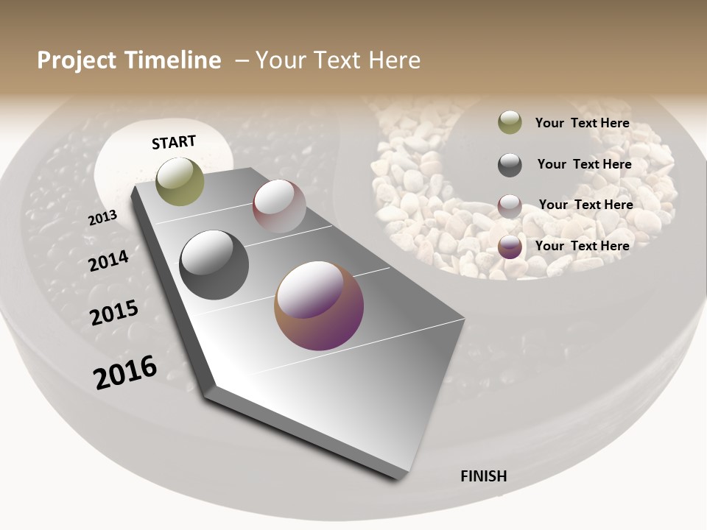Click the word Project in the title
click(77, 60)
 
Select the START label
click(174, 142)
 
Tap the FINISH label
click(484, 476)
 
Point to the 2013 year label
click(102, 217)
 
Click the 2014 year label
click(108, 261)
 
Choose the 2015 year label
click(114, 313)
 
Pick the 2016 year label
click(125, 372)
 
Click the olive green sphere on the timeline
click(180, 181)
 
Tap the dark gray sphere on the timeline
click(214, 265)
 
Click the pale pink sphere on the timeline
click(279, 205)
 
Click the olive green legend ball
click(510, 122)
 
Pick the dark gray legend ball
click(510, 165)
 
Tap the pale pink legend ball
click(510, 206)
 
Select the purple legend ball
click(510, 247)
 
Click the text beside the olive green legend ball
click(582, 123)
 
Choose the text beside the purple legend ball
click(582, 246)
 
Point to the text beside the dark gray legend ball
click(584, 164)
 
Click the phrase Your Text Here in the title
click(338, 60)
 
